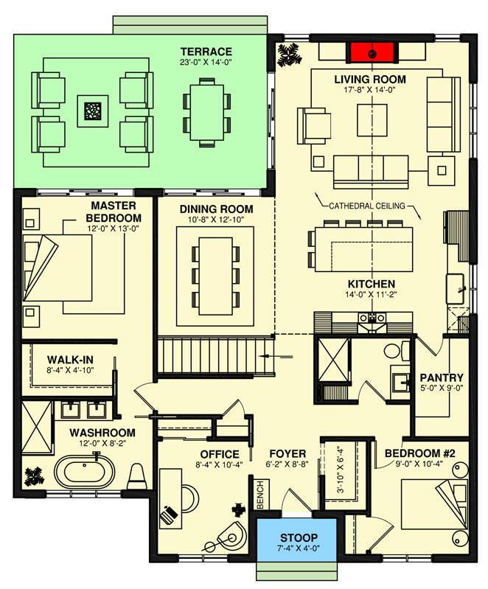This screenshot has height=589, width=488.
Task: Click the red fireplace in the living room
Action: (x=372, y=53)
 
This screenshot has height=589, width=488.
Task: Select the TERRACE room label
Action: (x=206, y=51)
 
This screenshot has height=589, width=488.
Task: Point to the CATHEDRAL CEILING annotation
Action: (x=367, y=206)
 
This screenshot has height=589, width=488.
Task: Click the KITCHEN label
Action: (x=372, y=284)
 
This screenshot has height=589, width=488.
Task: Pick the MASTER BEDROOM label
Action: (x=115, y=212)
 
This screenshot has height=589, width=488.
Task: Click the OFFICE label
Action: (x=220, y=454)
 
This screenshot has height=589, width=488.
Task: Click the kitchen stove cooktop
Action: (x=373, y=318)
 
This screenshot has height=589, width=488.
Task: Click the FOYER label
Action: (x=282, y=454)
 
